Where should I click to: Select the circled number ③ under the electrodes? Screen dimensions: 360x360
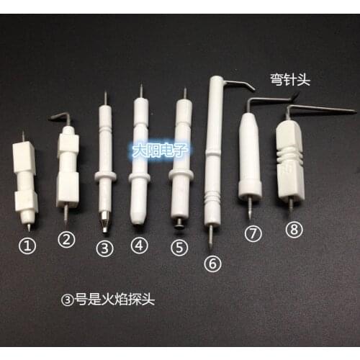coord(105,248)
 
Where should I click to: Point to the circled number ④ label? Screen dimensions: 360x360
coord(139,245)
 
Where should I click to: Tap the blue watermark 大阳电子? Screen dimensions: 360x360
coord(157,151)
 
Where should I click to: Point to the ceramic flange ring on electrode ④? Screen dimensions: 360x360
coord(140,176)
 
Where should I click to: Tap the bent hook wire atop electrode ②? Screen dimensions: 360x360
coord(62,117)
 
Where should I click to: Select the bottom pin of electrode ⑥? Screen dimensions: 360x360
coord(211,235)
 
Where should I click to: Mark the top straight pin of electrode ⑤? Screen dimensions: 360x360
coord(185,94)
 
